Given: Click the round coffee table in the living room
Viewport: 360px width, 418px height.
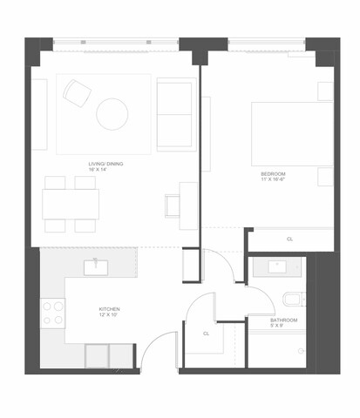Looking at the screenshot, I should tap(112, 113).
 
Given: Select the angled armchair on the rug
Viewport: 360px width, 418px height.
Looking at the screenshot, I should tap(76, 92).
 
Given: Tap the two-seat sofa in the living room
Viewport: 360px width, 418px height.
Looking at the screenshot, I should tap(175, 114).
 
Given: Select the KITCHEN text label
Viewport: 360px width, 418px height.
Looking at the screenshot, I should tap(109, 310).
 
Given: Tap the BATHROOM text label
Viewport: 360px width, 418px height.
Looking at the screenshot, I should tap(283, 320).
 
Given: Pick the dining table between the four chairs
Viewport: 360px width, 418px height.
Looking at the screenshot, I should tap(70, 204).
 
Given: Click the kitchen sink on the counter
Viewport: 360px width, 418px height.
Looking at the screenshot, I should tap(96, 267).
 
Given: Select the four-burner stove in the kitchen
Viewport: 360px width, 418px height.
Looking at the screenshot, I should tap(53, 313).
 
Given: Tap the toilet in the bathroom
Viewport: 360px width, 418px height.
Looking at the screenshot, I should tap(292, 300).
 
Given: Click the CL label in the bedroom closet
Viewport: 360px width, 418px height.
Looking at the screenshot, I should tap(289, 239).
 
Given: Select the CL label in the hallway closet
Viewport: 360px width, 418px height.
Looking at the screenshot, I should tap(207, 333).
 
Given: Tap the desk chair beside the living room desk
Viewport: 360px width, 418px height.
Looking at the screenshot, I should tap(173, 206).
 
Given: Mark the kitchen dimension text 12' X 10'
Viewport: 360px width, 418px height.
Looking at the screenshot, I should tap(109, 317).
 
